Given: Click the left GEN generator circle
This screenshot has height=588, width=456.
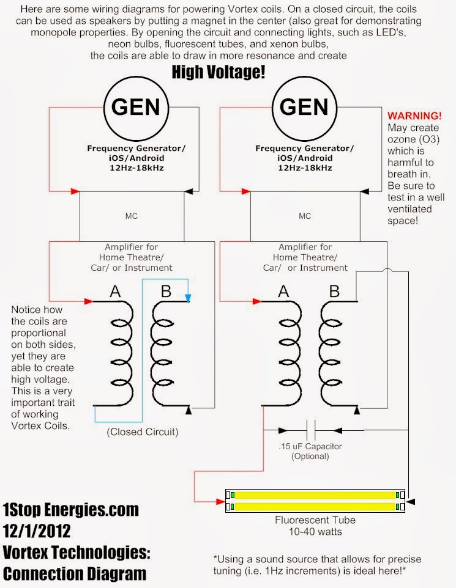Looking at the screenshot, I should pos(136,109).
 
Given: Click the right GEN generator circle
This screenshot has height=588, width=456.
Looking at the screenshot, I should pos(304,109).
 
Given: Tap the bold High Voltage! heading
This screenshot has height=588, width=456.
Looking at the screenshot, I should pos(219,73).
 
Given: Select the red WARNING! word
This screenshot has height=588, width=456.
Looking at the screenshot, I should pos(414,116).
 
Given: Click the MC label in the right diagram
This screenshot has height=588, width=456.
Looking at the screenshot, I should pos(305,216).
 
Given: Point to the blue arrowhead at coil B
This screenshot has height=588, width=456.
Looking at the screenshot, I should pos(189,300).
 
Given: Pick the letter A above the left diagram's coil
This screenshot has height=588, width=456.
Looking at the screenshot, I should pos(114,292).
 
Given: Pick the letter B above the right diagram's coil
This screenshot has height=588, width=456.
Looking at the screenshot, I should pos(334,292).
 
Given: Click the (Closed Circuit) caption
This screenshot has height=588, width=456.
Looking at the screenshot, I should pos(143,432).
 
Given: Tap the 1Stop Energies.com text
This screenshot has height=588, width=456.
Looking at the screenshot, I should pos(70,510).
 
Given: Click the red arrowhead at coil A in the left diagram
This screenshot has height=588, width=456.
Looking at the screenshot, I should pos(89,301).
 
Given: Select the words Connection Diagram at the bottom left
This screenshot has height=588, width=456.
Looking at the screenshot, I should pos(75,573).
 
